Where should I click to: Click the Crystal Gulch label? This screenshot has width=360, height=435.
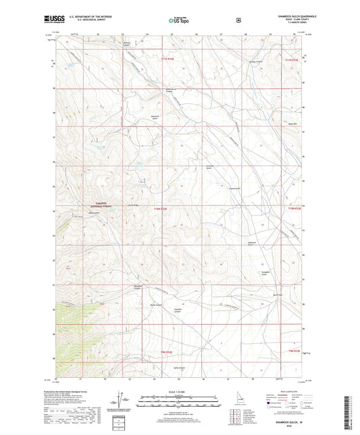point(235,188)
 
